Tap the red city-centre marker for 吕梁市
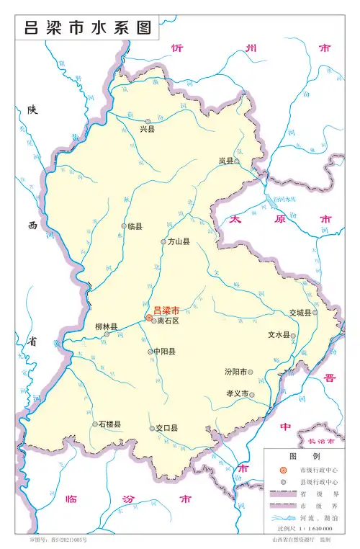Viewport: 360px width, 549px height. pos(149,317)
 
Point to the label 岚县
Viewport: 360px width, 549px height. pos(226,162)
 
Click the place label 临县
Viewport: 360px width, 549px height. pos(135,226)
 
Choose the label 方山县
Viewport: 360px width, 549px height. pos(178,242)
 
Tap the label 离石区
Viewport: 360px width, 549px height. pos(167,321)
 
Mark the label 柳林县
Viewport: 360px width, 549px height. pos(106,326)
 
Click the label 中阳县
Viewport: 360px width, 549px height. pos(163,352)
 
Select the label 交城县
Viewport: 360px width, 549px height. pos(300,313)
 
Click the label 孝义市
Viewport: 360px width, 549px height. pos(235,394)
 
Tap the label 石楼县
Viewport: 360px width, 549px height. pos(109,424)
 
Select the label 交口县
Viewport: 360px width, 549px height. pos(167,428)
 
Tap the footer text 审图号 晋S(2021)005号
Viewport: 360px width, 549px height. pos(58,540)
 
